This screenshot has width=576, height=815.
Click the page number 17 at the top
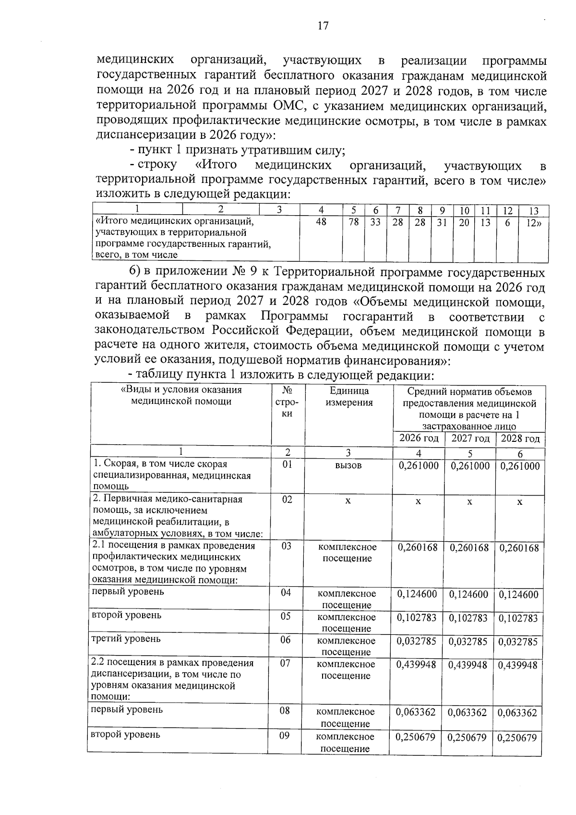click(323, 26)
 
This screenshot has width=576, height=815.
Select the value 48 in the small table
click(321, 222)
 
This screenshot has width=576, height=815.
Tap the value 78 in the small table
click(354, 222)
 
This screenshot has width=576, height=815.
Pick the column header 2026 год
click(419, 438)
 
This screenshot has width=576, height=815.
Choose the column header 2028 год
click(520, 438)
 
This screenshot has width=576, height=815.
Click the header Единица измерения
click(349, 397)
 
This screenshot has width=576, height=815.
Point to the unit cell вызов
click(348, 466)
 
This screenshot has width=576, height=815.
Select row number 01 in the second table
click(287, 464)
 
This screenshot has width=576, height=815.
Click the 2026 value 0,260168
click(418, 547)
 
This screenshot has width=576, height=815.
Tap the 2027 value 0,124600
click(468, 594)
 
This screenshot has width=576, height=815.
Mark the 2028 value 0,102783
click(518, 618)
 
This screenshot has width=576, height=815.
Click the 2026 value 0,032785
click(417, 641)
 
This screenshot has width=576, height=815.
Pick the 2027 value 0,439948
click(468, 665)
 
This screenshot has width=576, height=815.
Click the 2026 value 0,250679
click(416, 737)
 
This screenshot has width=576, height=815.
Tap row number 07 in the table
click(285, 663)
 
